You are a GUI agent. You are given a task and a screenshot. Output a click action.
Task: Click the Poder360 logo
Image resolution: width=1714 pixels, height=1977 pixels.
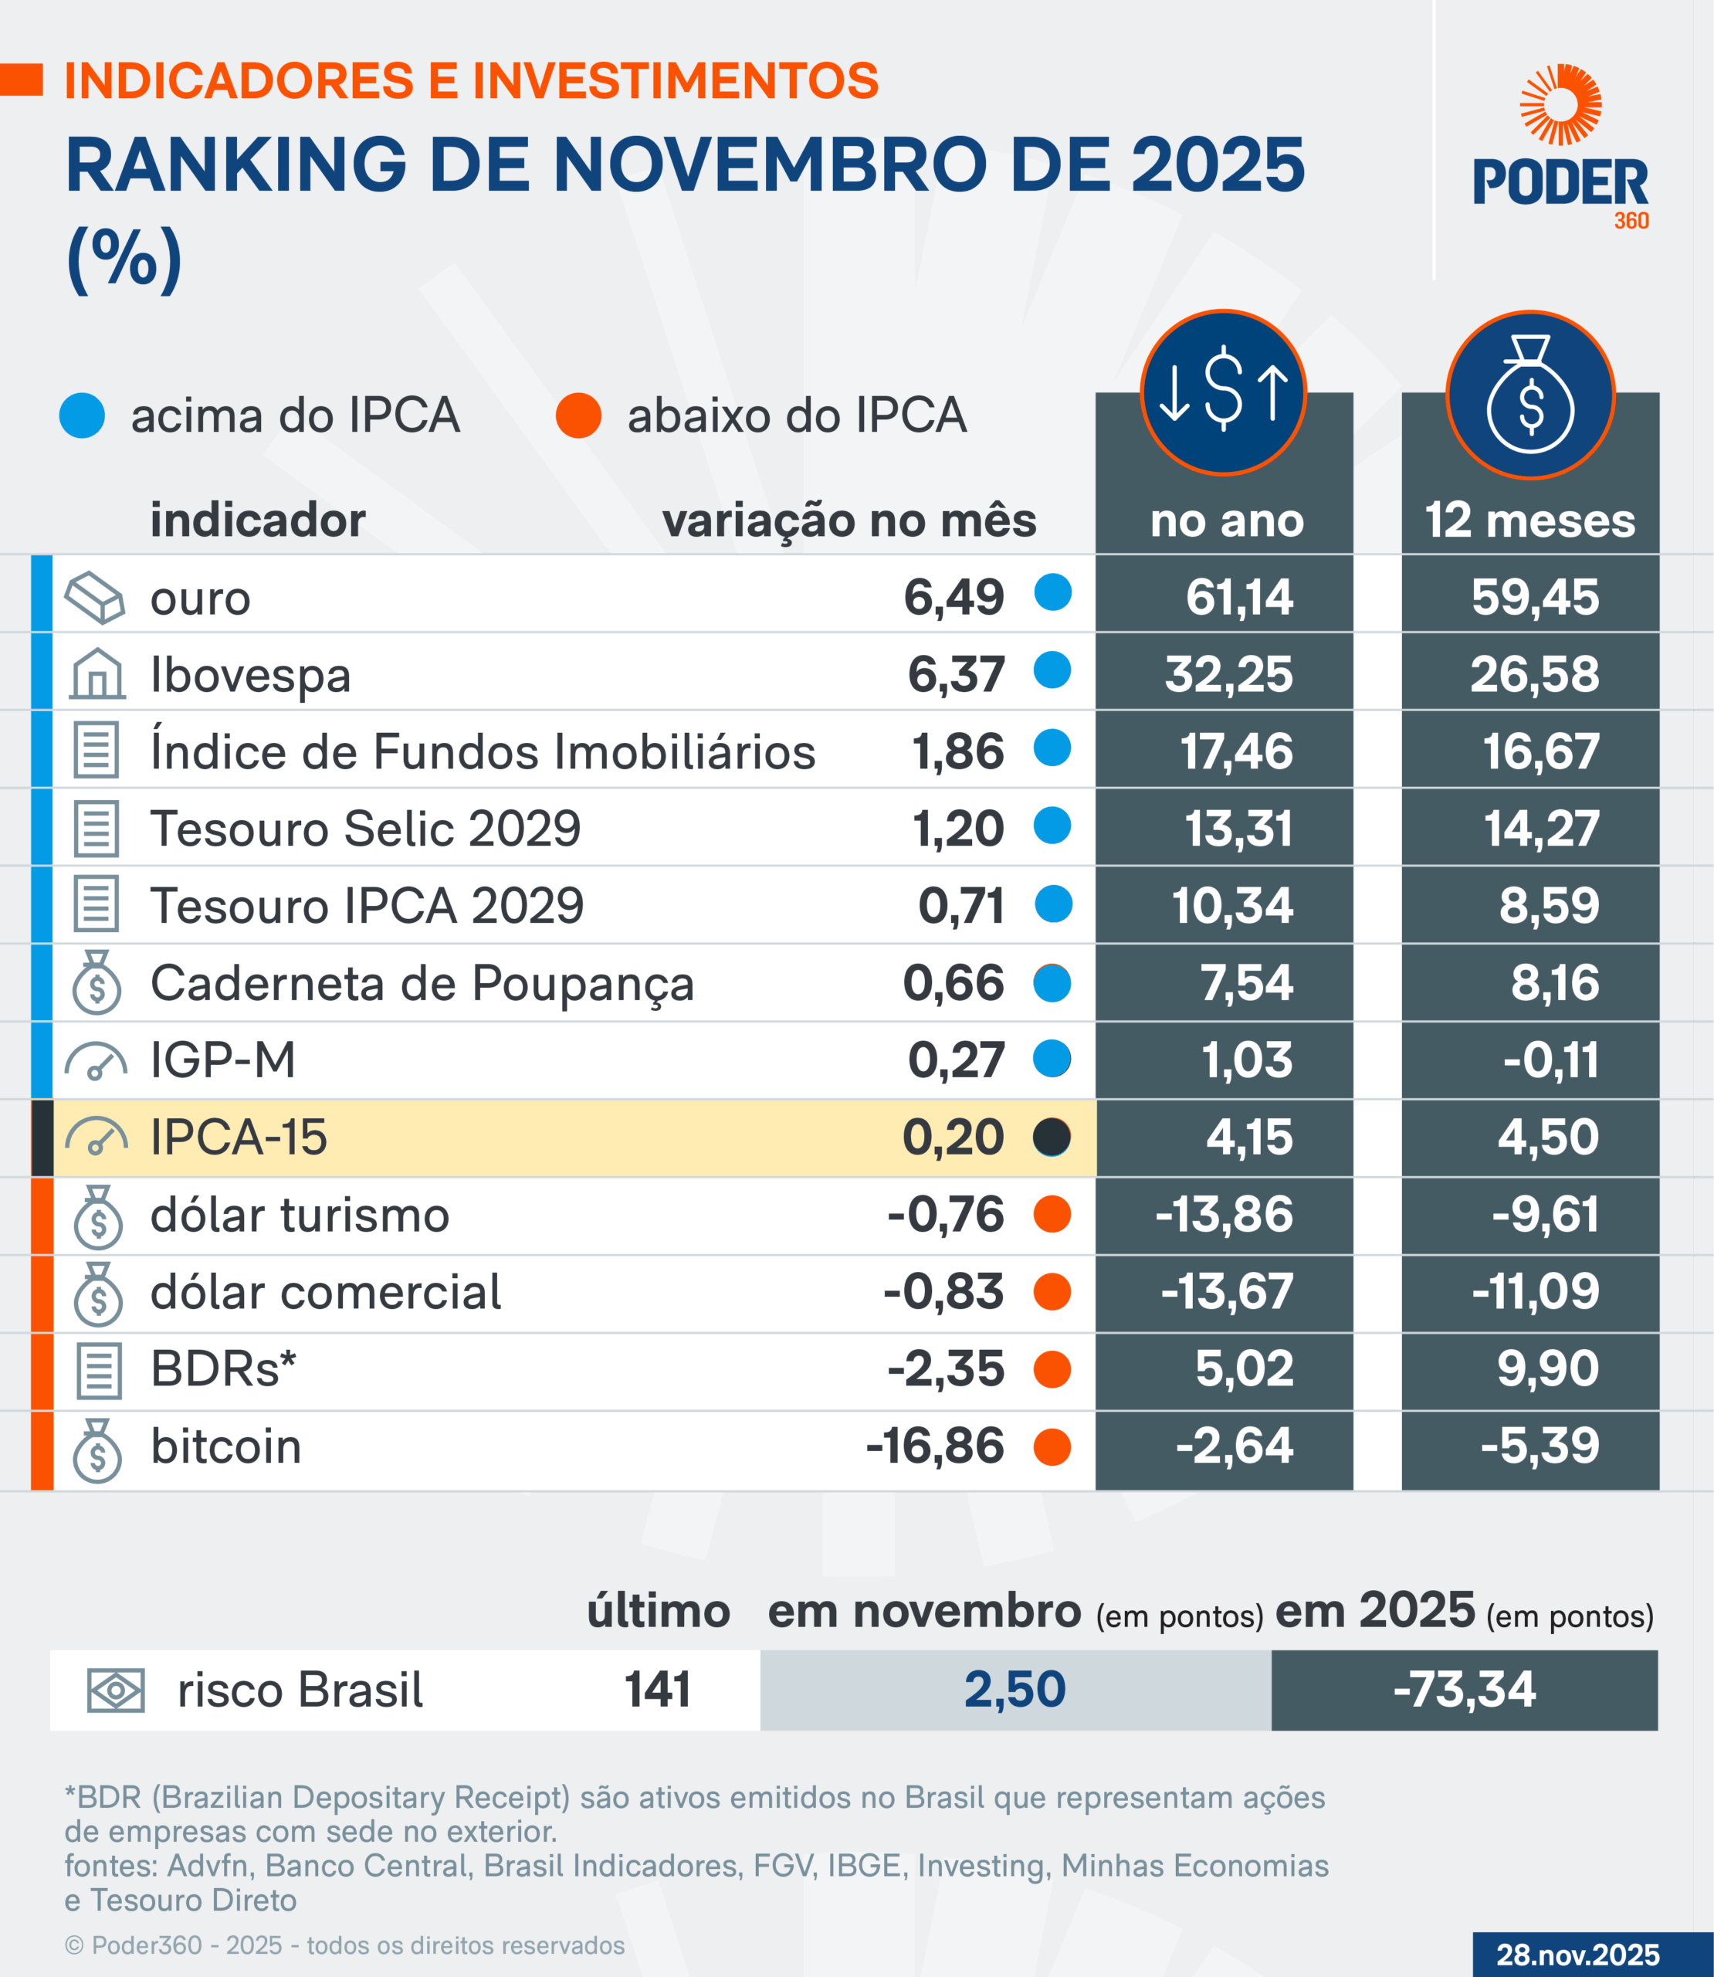[1560, 148]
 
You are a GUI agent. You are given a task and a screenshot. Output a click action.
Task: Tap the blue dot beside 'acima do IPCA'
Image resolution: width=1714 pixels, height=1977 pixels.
[83, 416]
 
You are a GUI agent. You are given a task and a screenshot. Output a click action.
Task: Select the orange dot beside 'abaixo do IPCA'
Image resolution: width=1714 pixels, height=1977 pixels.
[578, 416]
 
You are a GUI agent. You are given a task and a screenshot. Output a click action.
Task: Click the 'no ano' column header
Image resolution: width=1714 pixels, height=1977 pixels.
[1226, 521]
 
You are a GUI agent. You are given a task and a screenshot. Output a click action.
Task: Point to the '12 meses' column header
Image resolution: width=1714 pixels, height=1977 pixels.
[1530, 521]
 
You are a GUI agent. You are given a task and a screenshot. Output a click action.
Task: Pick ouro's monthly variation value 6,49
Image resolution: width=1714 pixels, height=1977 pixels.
[954, 598]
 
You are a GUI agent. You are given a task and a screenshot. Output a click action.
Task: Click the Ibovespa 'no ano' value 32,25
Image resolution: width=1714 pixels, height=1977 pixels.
[1228, 674]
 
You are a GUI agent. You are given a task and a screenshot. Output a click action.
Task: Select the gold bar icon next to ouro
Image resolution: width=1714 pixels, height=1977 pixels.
[95, 598]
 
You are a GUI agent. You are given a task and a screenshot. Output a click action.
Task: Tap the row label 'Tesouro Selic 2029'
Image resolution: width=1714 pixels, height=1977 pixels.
[365, 829]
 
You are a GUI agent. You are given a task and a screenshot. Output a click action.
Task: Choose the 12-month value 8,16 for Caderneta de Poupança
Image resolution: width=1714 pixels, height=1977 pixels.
[1554, 983]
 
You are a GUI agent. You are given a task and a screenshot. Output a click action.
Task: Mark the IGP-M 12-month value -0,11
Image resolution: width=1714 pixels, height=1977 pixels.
[1550, 1061]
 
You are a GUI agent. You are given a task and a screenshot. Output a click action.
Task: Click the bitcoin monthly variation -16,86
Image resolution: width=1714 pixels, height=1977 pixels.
[934, 1446]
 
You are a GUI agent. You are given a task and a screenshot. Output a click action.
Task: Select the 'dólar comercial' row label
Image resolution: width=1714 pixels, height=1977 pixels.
[325, 1292]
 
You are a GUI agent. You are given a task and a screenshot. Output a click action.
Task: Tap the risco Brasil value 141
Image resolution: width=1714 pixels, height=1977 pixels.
[658, 1689]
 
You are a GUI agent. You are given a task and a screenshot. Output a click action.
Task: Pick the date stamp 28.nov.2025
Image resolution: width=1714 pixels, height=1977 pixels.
[1577, 1954]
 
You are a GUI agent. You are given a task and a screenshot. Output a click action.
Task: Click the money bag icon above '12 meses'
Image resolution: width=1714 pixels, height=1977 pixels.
[1530, 394]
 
